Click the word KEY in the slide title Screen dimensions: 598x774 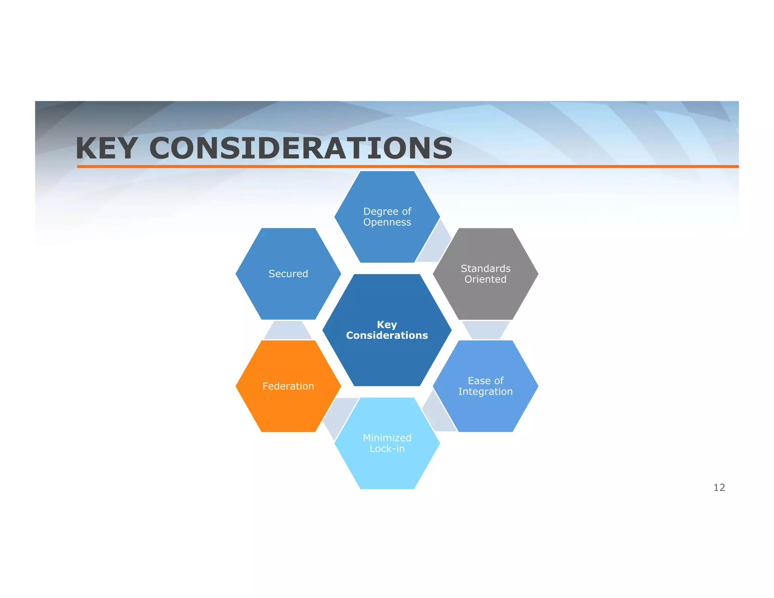(x=106, y=148)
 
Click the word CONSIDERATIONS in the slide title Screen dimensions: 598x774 (x=301, y=148)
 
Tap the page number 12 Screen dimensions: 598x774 (x=719, y=488)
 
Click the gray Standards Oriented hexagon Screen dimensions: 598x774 (x=485, y=295)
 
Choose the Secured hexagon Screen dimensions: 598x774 (x=288, y=287)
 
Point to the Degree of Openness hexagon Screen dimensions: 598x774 (x=387, y=238)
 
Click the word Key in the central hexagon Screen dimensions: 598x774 (x=387, y=325)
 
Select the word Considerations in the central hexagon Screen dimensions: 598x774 (x=387, y=335)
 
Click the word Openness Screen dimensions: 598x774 (x=387, y=222)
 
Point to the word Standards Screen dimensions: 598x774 (x=485, y=268)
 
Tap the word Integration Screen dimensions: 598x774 (x=485, y=392)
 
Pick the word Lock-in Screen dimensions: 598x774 (x=387, y=449)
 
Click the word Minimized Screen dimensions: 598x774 (x=387, y=438)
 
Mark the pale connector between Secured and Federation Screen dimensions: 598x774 (x=288, y=331)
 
